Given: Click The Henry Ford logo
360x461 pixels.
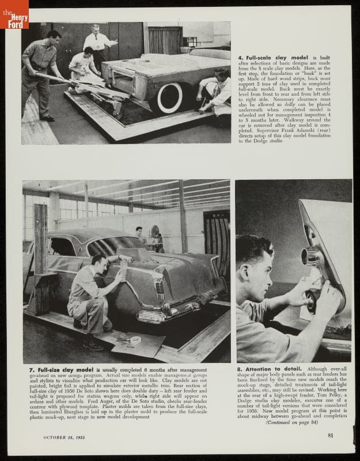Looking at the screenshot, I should coord(14,14).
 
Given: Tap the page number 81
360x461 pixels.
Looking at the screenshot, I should coord(331,435).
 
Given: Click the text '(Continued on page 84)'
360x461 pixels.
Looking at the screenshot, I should coord(292,422).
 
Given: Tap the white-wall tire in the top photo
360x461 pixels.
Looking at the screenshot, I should coord(170,97).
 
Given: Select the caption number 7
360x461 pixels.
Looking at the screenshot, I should coord(25,369).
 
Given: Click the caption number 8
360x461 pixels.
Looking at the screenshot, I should coord(239,369).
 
